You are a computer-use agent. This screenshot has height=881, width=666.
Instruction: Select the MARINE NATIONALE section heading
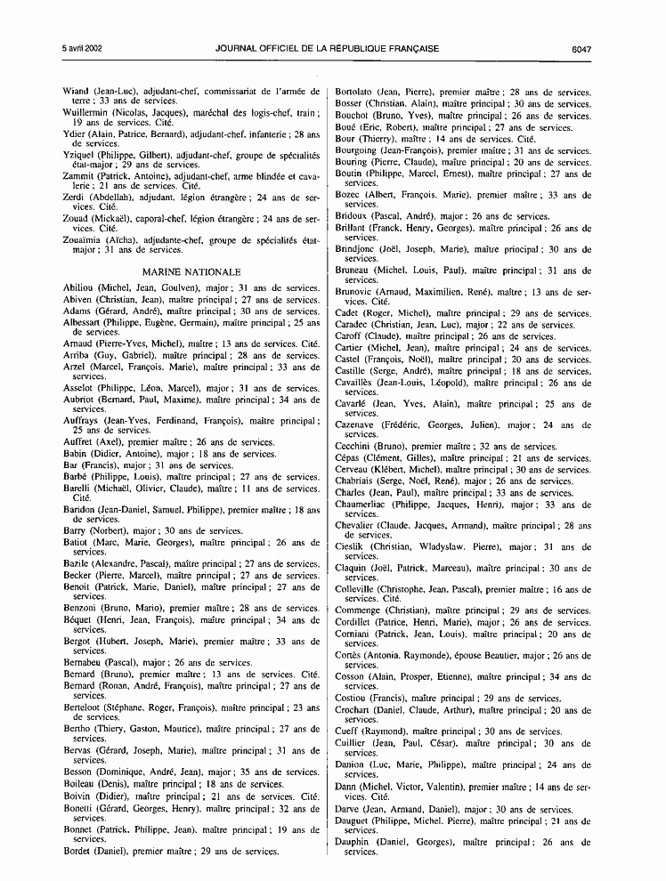(191, 271)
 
